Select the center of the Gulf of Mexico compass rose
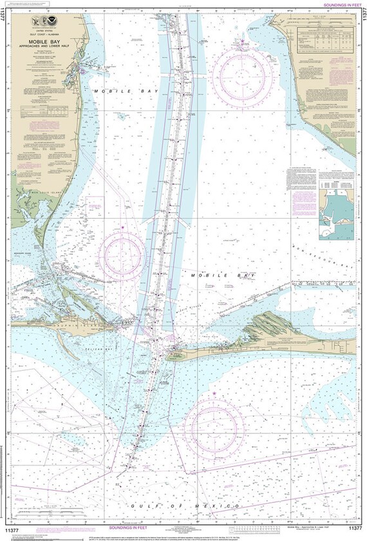214,428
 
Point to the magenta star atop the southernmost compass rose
214,392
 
